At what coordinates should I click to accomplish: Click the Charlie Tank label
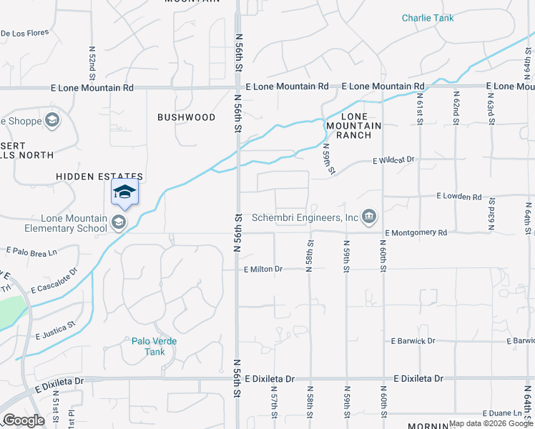428,19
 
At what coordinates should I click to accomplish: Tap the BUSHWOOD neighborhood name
186,117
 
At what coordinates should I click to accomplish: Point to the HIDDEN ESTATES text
100,177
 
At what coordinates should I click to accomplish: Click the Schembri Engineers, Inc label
305,217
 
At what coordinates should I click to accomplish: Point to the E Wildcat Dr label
393,161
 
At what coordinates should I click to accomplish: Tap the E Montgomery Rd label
416,233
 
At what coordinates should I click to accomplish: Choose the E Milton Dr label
263,270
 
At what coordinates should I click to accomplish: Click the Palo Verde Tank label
154,346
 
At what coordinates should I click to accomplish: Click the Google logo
24,420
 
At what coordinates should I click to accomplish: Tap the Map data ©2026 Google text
491,423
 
